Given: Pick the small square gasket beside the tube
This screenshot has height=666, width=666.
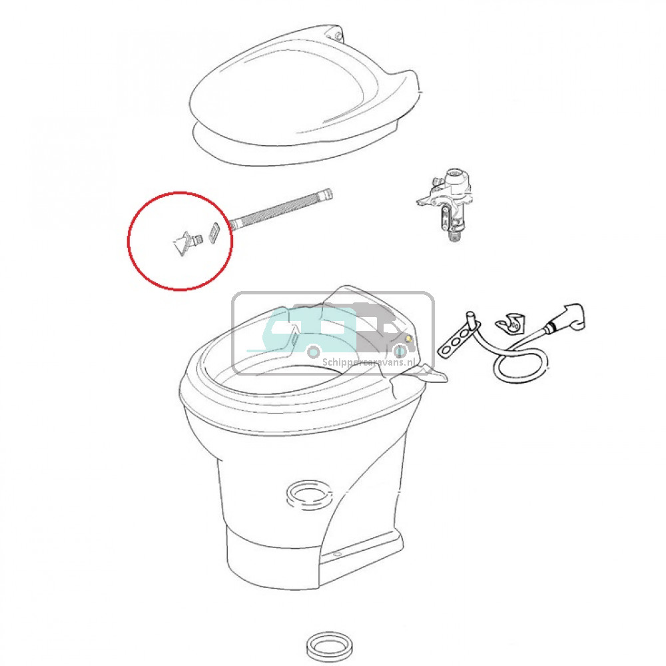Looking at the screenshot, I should pos(214,233).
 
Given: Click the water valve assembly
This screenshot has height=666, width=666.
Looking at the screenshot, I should pos(446,200).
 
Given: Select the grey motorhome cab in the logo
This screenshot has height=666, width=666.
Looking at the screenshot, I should pos(383,326).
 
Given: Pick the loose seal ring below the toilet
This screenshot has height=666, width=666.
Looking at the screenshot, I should pos(329,645).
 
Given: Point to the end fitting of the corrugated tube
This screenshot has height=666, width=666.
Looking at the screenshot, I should pos(326,195).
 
